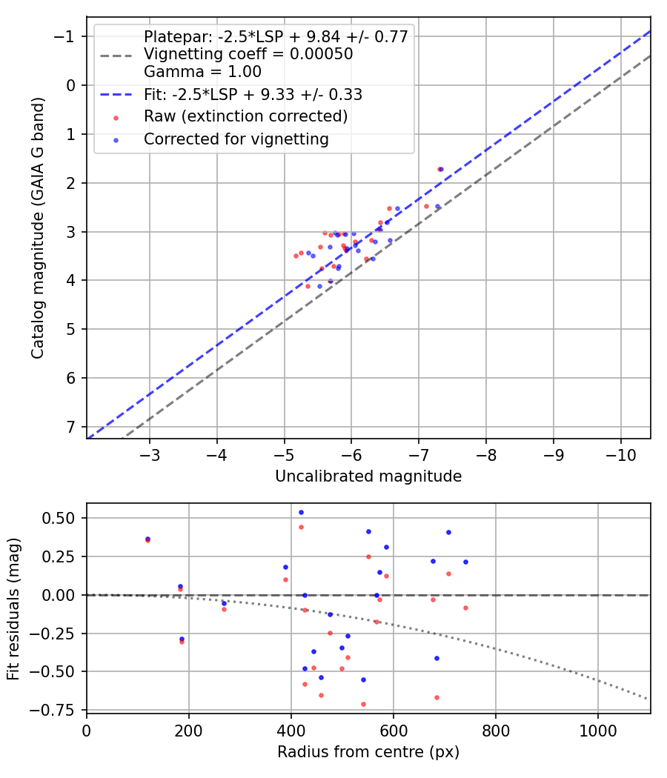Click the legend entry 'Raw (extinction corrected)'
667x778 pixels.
click(245, 116)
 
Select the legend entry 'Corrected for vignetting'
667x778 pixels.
click(236, 139)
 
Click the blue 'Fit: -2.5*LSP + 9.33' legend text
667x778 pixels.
click(253, 94)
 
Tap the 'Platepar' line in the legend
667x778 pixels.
click(276, 37)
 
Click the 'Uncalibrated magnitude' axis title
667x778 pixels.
click(368, 476)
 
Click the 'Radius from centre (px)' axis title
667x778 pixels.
click(368, 752)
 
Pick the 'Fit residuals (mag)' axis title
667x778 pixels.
click(13, 608)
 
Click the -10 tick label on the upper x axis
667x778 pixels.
click(620, 453)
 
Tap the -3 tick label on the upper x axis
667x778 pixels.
click(150, 453)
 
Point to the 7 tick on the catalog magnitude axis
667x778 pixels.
click(71, 427)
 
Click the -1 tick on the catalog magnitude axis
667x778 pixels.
click(67, 36)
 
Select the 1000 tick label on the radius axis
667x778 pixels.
click(597, 729)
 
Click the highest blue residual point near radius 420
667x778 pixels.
click(301, 512)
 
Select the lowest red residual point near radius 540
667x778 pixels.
click(363, 704)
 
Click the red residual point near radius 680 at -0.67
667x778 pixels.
click(437, 697)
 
